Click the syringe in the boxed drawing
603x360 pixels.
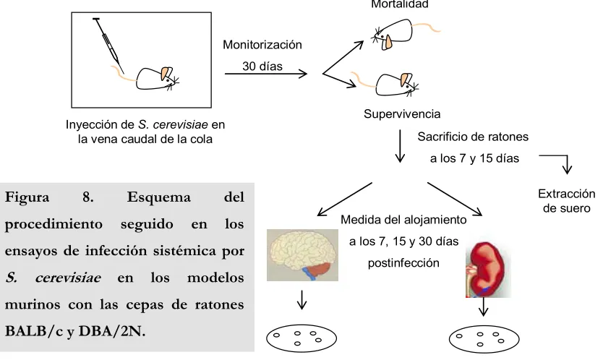click(x=108, y=46)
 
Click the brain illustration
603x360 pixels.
click(x=302, y=255)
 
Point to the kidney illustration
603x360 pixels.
click(x=487, y=270)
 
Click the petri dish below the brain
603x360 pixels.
click(x=301, y=338)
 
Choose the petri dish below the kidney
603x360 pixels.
click(x=484, y=339)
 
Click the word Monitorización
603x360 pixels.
click(x=262, y=45)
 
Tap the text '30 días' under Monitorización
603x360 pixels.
click(x=262, y=67)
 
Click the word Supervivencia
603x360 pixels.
click(x=402, y=114)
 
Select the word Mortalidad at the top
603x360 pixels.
click(x=400, y=4)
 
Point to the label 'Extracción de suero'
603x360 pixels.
click(x=566, y=201)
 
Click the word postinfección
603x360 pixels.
click(x=403, y=263)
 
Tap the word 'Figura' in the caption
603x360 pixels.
click(x=27, y=197)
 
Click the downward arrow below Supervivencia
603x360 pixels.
click(x=400, y=146)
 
